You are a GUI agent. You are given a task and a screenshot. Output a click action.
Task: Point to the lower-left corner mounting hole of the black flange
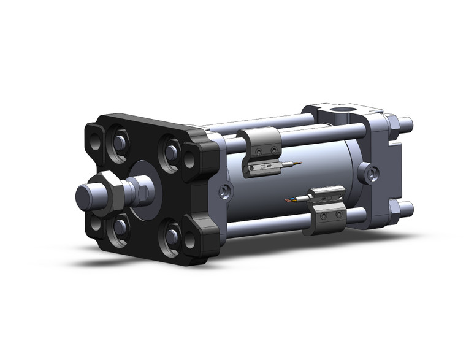coord(96,224)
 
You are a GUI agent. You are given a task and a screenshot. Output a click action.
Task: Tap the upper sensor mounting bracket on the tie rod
coord(260,144)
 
